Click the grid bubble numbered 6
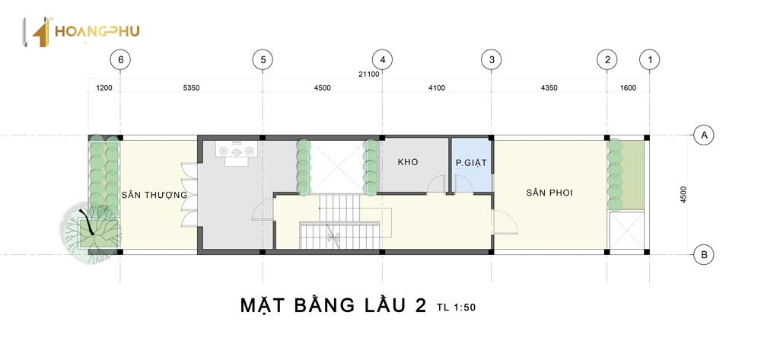click(120, 60)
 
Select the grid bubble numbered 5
click(263, 60)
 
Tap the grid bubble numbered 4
click(383, 60)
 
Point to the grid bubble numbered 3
click(491, 60)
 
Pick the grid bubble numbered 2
click(607, 60)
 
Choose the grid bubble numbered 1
click(650, 60)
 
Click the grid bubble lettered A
click(704, 135)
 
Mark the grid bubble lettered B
click(704, 254)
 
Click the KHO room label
click(408, 163)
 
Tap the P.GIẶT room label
click(471, 164)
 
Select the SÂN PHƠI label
click(549, 193)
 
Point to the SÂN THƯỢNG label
click(154, 195)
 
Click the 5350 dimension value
click(191, 88)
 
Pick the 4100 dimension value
click(436, 88)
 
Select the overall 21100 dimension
click(369, 75)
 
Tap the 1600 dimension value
click(628, 88)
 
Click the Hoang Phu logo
click(81, 32)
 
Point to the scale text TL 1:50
click(456, 307)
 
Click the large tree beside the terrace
click(91, 234)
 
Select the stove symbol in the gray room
click(237, 151)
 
